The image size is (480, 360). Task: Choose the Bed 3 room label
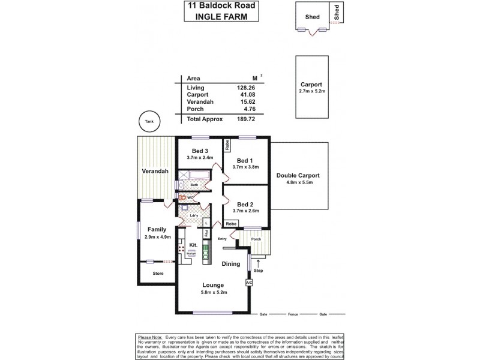coord(200,151)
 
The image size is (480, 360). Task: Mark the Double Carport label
coord(298,175)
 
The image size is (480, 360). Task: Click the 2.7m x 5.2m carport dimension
coord(311,91)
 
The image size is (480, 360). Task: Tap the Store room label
coord(158,274)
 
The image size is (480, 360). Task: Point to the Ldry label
coord(194,215)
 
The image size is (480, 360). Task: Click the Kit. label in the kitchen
coord(193,245)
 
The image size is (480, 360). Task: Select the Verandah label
coord(154,172)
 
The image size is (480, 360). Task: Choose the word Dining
coord(231,264)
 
